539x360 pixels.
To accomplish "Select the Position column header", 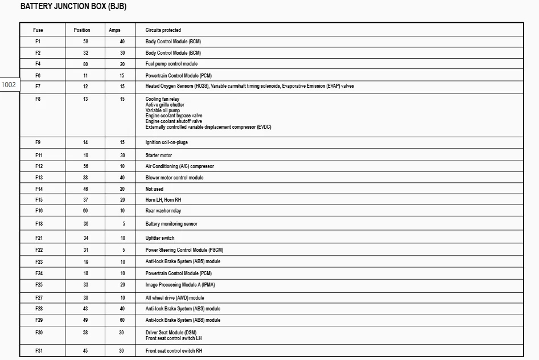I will click(82, 30).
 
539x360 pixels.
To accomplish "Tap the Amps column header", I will click(114, 30).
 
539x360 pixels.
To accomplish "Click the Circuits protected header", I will click(163, 30).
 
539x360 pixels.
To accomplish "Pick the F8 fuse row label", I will click(38, 99).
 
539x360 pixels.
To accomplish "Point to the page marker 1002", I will click(9, 85).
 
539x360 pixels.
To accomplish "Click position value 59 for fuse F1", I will click(85, 42).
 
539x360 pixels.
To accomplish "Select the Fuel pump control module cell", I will click(171, 64).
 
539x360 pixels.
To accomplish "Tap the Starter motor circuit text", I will click(158, 156).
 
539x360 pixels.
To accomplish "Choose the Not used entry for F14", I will click(154, 189).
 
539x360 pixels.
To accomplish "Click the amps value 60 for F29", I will click(122, 320).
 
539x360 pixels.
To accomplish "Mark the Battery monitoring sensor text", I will click(171, 224).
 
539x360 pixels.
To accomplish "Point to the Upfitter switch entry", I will click(160, 238).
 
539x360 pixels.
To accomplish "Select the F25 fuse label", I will click(39, 285).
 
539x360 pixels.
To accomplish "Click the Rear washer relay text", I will click(163, 211).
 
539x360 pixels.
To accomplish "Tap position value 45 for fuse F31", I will click(85, 351).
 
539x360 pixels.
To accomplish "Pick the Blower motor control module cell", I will click(174, 178).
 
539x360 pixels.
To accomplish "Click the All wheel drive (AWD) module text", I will click(174, 298).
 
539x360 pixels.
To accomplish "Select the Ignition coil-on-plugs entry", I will click(166, 142).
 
